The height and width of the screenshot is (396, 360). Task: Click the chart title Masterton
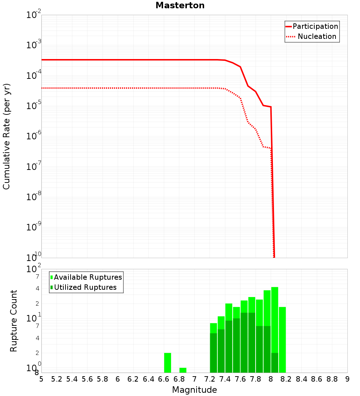pyautogui.click(x=180, y=5)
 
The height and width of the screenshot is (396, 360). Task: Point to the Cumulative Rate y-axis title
pyautogui.click(x=6, y=136)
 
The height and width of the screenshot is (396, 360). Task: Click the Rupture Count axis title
pyautogui.click(x=14, y=321)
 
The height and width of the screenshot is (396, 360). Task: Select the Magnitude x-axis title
pyautogui.click(x=194, y=390)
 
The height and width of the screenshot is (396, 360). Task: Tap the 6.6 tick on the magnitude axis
pyautogui.click(x=164, y=379)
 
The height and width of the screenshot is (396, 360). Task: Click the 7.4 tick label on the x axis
pyautogui.click(x=225, y=379)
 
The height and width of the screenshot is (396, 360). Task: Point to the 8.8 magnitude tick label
pyautogui.click(x=332, y=379)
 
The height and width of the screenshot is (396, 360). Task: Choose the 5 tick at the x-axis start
pyautogui.click(x=41, y=379)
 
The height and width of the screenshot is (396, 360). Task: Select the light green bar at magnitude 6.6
pyautogui.click(x=167, y=363)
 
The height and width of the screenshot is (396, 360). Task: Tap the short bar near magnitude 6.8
pyautogui.click(x=183, y=370)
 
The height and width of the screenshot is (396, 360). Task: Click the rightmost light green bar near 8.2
pyautogui.click(x=282, y=339)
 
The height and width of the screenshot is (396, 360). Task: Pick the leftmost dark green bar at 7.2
pyautogui.click(x=213, y=353)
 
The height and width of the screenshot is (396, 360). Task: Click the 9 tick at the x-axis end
pyautogui.click(x=347, y=379)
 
